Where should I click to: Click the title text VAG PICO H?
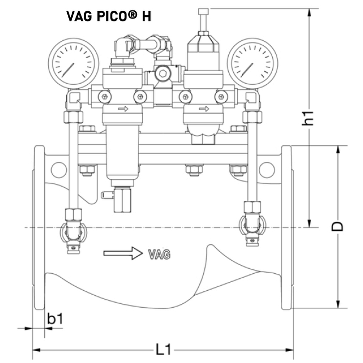pyautogui.click(x=108, y=16)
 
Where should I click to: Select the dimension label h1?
pyautogui.click(x=309, y=117)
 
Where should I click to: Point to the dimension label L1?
pyautogui.click(x=163, y=350)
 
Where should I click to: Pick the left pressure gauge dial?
pyautogui.click(x=73, y=63)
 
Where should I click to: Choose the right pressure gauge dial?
pyautogui.click(x=252, y=63)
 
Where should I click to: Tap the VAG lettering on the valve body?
pyautogui.click(x=159, y=254)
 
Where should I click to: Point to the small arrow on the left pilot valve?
pyautogui.click(x=123, y=109)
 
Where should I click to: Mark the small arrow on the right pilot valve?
pyautogui.click(x=204, y=108)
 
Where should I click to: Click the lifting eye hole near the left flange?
pyautogui.click(x=58, y=169)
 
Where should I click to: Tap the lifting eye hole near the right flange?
pyautogui.click(x=267, y=169)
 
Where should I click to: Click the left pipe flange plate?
pyautogui.click(x=39, y=227)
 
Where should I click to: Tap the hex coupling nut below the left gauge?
pyautogui.click(x=73, y=117)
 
